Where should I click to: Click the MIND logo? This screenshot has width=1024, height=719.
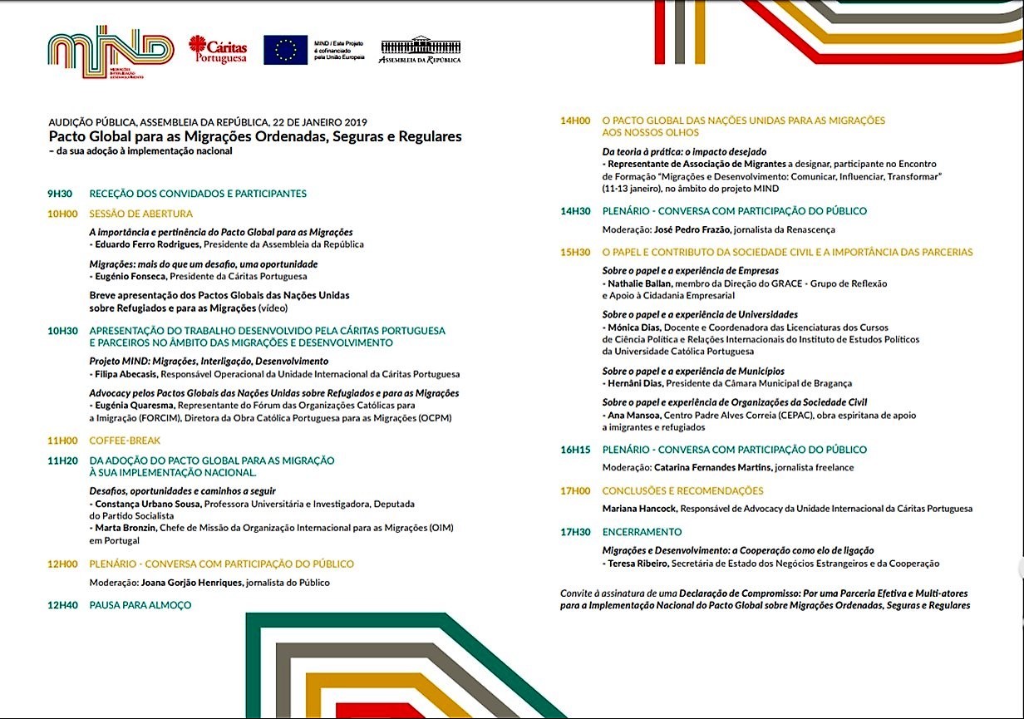tap(111, 52)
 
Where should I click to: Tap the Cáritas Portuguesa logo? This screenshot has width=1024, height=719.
tap(218, 49)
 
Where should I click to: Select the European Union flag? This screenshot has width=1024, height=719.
tap(285, 50)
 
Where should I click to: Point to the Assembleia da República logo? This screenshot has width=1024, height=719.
tap(420, 49)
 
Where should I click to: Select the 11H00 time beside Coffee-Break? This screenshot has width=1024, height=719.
tap(62, 441)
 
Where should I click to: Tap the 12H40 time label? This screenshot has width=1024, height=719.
tap(62, 605)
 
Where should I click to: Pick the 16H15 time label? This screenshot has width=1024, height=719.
tap(575, 450)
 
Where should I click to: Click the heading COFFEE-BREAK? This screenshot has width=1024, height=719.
tap(125, 441)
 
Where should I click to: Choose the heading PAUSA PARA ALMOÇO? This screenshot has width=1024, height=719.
tap(140, 605)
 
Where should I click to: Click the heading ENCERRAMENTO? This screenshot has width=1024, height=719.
tap(642, 532)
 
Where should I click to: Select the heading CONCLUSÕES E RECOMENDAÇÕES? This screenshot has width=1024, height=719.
tap(682, 491)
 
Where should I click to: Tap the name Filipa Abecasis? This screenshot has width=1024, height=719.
tap(124, 374)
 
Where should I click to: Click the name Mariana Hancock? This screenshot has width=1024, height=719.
tap(638, 509)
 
